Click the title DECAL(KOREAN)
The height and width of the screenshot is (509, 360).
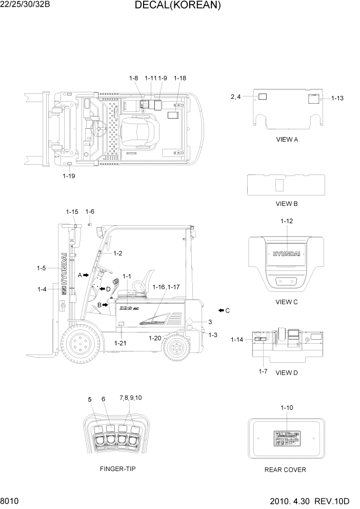coord(177,6)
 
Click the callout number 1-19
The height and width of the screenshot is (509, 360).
coord(69,175)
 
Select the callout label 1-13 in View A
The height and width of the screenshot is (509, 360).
coord(337,98)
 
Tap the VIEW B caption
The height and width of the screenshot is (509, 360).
coord(287,204)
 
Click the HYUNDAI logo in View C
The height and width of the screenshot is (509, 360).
coord(287,254)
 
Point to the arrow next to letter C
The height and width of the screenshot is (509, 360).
coord(221,310)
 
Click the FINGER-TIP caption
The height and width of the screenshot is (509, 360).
coord(118,468)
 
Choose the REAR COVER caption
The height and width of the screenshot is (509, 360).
coord(285,469)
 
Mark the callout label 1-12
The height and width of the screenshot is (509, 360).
coord(287,221)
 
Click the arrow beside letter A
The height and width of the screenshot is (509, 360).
coord(86,276)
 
